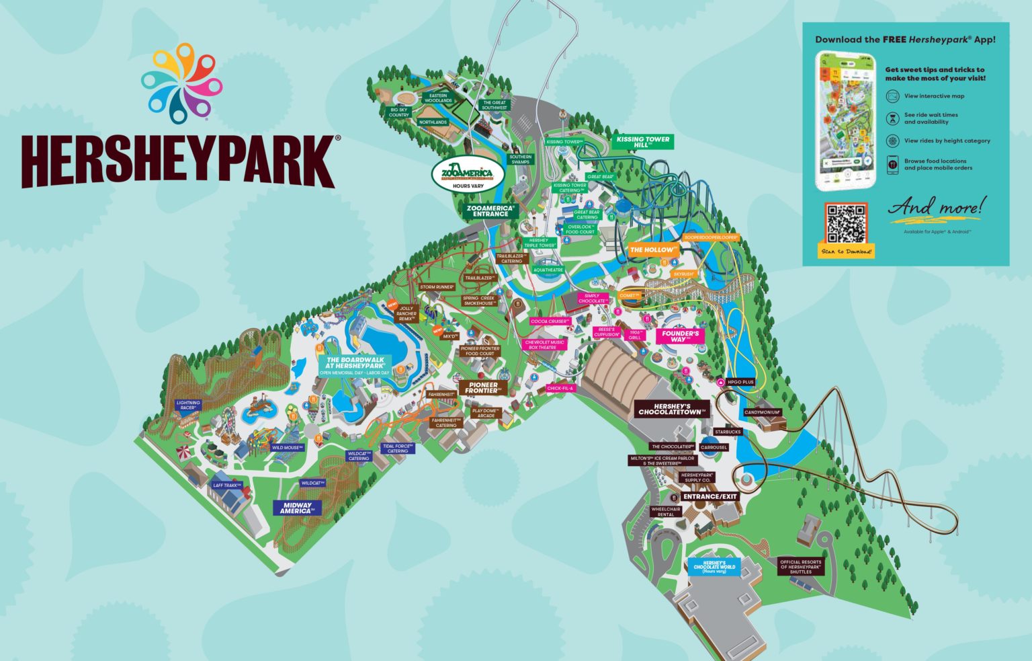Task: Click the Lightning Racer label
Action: click(x=188, y=405)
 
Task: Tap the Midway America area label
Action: click(x=297, y=508)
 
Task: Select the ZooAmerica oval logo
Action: click(x=467, y=173)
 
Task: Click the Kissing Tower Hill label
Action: click(x=642, y=142)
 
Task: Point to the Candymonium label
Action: click(x=762, y=412)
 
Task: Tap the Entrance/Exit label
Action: click(x=709, y=496)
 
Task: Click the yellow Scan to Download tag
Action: click(x=846, y=251)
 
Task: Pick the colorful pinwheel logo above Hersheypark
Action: click(x=181, y=84)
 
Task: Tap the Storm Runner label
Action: click(x=437, y=287)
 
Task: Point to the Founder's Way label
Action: click(x=680, y=336)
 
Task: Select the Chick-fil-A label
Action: click(x=561, y=388)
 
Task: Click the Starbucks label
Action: click(x=728, y=432)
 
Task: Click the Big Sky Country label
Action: click(x=398, y=112)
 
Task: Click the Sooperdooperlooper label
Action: click(x=710, y=237)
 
